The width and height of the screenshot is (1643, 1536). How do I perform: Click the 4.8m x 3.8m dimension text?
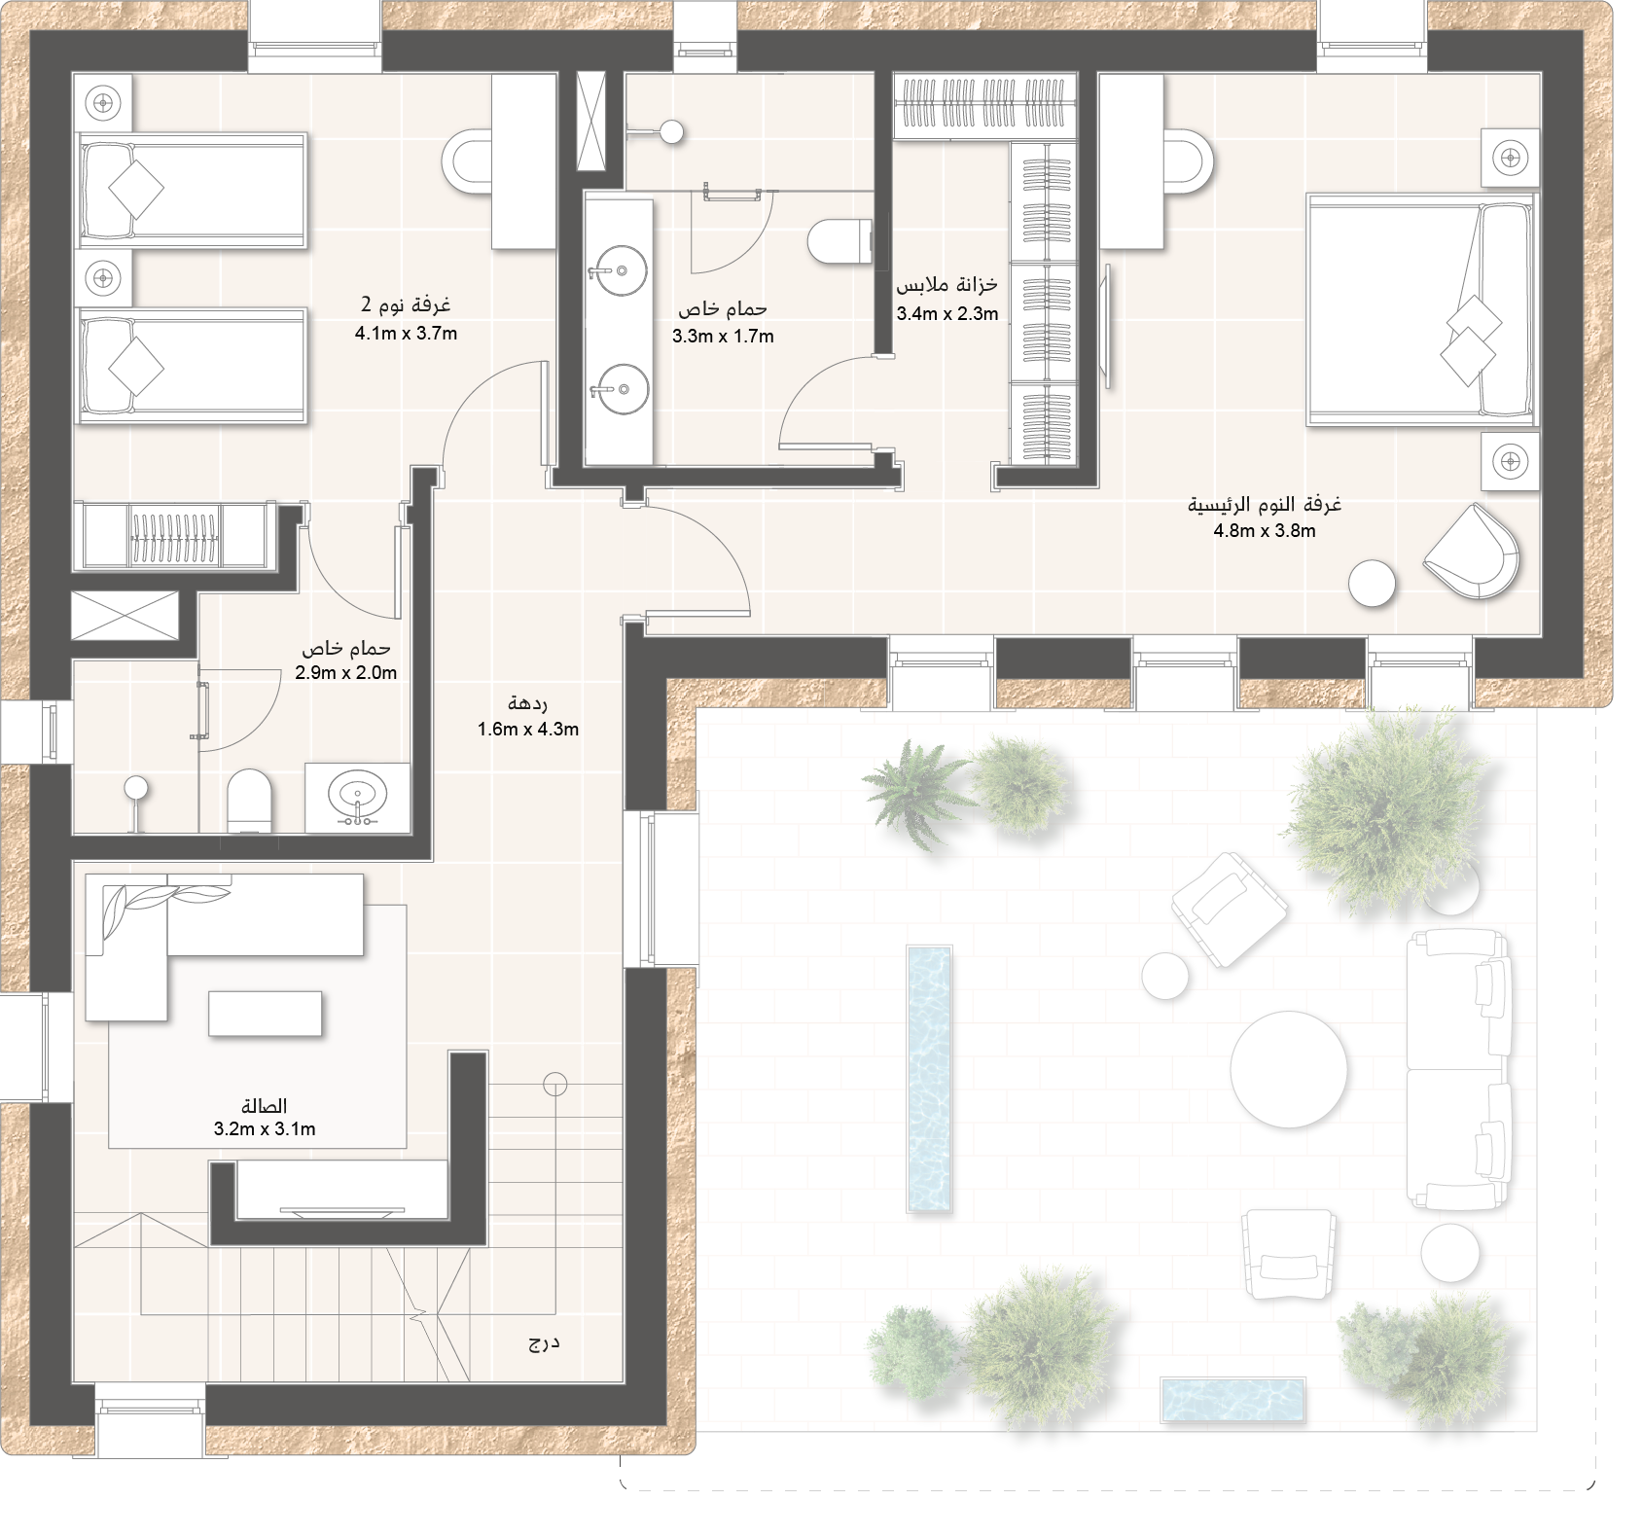pyautogui.click(x=1265, y=531)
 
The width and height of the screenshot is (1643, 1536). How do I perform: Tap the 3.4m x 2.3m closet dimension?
pyautogui.click(x=947, y=313)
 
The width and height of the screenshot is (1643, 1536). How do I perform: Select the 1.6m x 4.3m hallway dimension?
pyautogui.click(x=528, y=729)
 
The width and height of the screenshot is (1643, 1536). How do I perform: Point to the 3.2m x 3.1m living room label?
pyautogui.click(x=265, y=1129)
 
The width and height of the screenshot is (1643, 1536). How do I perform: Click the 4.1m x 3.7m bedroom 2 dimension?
pyautogui.click(x=406, y=333)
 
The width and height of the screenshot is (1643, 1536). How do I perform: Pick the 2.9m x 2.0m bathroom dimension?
pyautogui.click(x=346, y=672)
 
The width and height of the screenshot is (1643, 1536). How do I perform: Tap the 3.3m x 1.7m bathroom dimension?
pyautogui.click(x=723, y=337)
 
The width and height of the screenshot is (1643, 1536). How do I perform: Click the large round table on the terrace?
pyautogui.click(x=1289, y=1068)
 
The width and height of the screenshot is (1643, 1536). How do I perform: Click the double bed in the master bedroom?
pyautogui.click(x=1422, y=309)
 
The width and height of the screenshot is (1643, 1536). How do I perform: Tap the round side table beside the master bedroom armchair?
pyautogui.click(x=1372, y=584)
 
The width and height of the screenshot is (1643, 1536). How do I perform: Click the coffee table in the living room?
pyautogui.click(x=265, y=1013)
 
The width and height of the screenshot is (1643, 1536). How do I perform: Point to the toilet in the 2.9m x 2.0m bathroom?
pyautogui.click(x=248, y=801)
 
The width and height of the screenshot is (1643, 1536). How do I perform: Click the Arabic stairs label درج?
pyautogui.click(x=544, y=1344)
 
